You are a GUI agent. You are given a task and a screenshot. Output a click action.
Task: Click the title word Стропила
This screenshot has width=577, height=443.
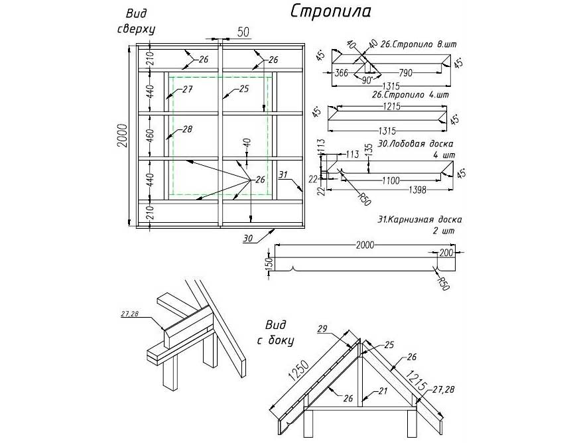tap(330, 11)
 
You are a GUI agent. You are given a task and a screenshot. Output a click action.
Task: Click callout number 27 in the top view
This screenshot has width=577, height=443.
tap(187, 89)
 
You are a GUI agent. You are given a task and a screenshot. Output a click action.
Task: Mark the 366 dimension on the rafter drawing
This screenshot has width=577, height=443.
tap(342, 72)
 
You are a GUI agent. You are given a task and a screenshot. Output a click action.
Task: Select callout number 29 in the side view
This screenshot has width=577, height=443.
tap(323, 329)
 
